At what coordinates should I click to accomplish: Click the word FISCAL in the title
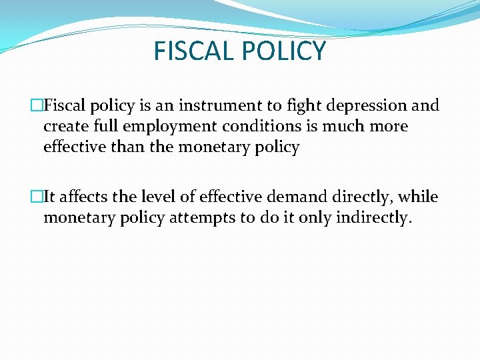coord(193,51)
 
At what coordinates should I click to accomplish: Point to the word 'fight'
coord(302,106)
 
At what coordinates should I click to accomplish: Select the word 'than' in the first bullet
coord(128,147)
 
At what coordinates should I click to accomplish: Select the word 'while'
coord(419,197)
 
